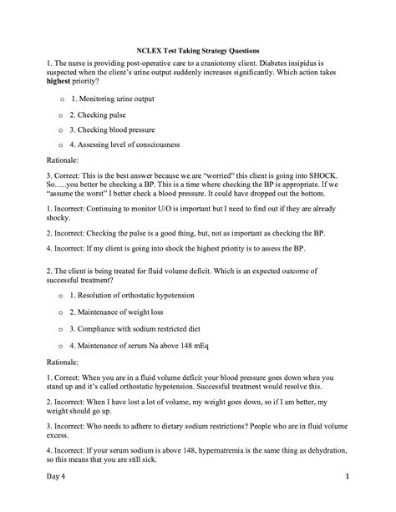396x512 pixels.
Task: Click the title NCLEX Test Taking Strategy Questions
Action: click(x=198, y=50)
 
